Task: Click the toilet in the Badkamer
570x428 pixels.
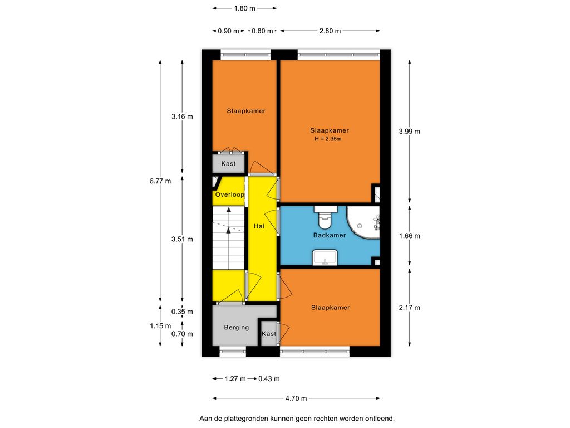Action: pos(325,217)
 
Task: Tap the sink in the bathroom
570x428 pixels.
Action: pos(325,257)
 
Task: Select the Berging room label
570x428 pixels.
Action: pos(236,328)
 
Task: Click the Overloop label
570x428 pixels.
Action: pos(230,194)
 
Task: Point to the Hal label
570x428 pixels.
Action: pos(259,226)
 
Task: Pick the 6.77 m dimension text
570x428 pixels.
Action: pos(160,181)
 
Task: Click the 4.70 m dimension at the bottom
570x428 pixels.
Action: pos(296,398)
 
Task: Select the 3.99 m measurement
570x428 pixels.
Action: pos(409,132)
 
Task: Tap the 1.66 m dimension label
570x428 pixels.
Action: pos(409,236)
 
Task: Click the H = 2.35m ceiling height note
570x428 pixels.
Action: pos(328,139)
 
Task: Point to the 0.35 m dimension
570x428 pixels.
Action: pos(182,312)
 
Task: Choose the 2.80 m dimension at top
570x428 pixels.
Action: pos(330,31)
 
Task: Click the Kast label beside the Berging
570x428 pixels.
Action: pos(269,334)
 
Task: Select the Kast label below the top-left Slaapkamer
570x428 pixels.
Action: pos(228,164)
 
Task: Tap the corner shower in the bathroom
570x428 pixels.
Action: pos(363,222)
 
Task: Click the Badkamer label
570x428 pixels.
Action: pos(330,236)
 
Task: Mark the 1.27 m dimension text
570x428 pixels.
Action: pos(235,379)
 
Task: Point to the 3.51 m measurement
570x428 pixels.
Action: pos(182,239)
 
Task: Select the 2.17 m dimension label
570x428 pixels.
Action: pos(409,308)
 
